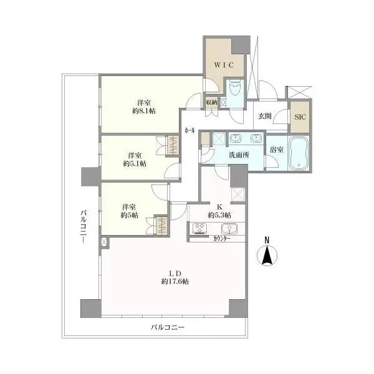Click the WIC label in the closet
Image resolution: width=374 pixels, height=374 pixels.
pos(224,65)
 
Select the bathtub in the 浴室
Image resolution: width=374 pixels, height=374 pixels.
pos(299,153)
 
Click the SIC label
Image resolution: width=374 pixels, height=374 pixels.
pos(300,117)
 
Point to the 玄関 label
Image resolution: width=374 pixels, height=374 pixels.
pos(265,116)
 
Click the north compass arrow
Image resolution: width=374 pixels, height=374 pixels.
pos(267,256)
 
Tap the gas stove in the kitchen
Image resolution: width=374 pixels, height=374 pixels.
pos(199,229)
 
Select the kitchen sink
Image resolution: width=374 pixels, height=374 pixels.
pos(229,229)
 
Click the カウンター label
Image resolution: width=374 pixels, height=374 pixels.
pos(221,238)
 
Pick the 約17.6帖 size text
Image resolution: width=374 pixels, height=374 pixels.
pos(175,282)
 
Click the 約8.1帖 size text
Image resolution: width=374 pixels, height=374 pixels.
pos(144,111)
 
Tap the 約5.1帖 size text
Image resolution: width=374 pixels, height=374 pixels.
pos(135,163)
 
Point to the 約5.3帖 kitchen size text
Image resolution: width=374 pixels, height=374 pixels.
pos(219,215)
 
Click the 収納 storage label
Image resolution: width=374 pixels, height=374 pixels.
pos(211,103)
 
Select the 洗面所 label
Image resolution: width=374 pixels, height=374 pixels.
pos(239,155)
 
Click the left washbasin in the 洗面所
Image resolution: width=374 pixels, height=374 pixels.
pos(235,138)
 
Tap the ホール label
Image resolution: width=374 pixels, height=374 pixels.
pos(189,130)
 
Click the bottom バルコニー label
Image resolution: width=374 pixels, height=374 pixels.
pos(168,327)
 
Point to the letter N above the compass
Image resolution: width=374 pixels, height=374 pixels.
pos(267,240)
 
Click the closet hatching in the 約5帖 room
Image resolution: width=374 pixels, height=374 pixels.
pos(162,225)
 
